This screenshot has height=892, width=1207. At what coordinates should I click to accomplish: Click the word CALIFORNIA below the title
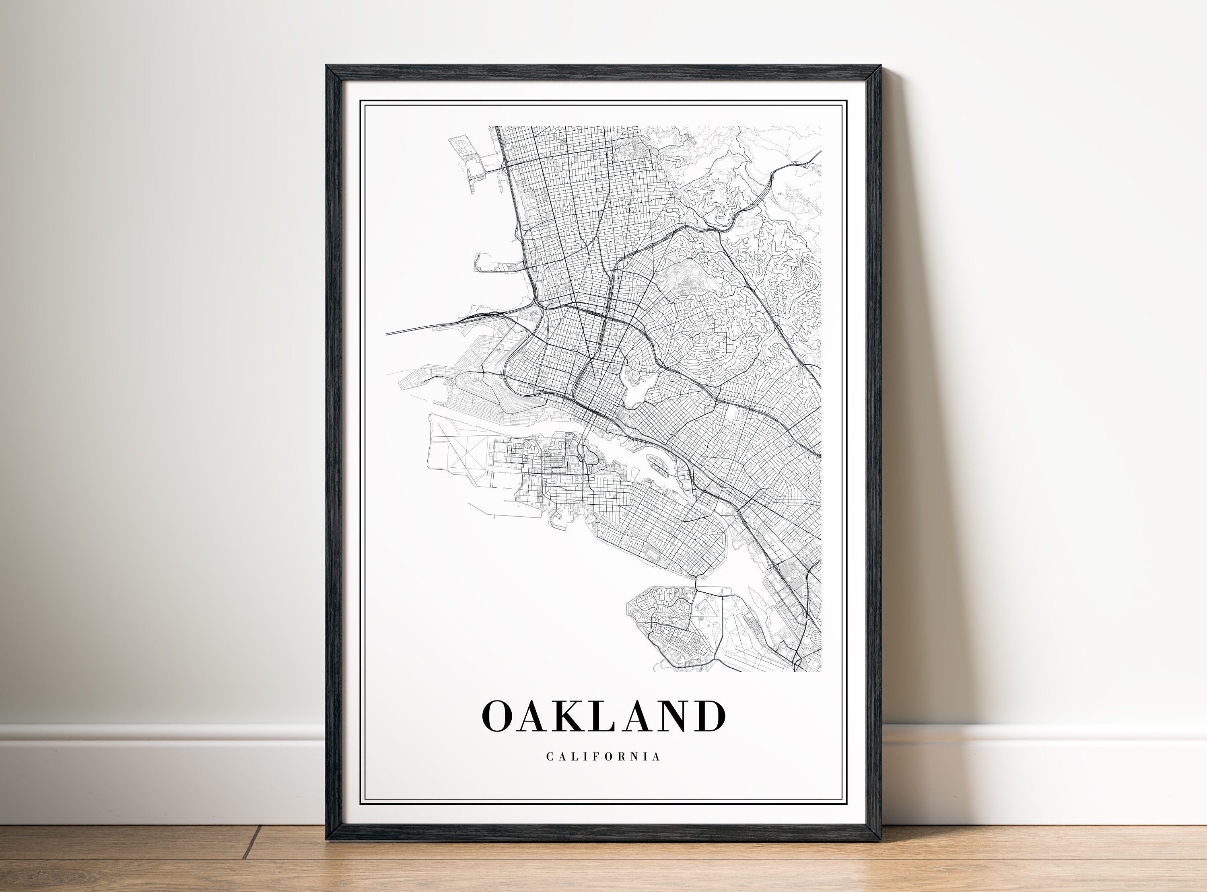(603, 756)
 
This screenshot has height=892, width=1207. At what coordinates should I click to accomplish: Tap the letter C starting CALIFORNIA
(549, 756)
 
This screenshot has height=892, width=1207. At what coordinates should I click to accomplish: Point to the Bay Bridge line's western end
(388, 334)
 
